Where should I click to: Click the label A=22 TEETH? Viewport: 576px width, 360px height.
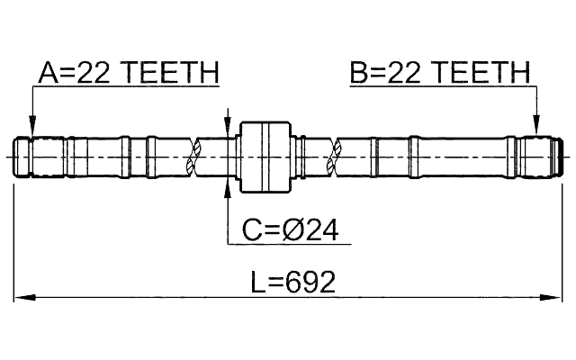click(128, 73)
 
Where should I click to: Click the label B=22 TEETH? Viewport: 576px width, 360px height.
click(440, 73)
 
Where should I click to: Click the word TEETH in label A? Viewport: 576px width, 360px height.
click(174, 73)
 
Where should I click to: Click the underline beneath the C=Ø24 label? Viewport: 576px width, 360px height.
click(288, 245)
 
